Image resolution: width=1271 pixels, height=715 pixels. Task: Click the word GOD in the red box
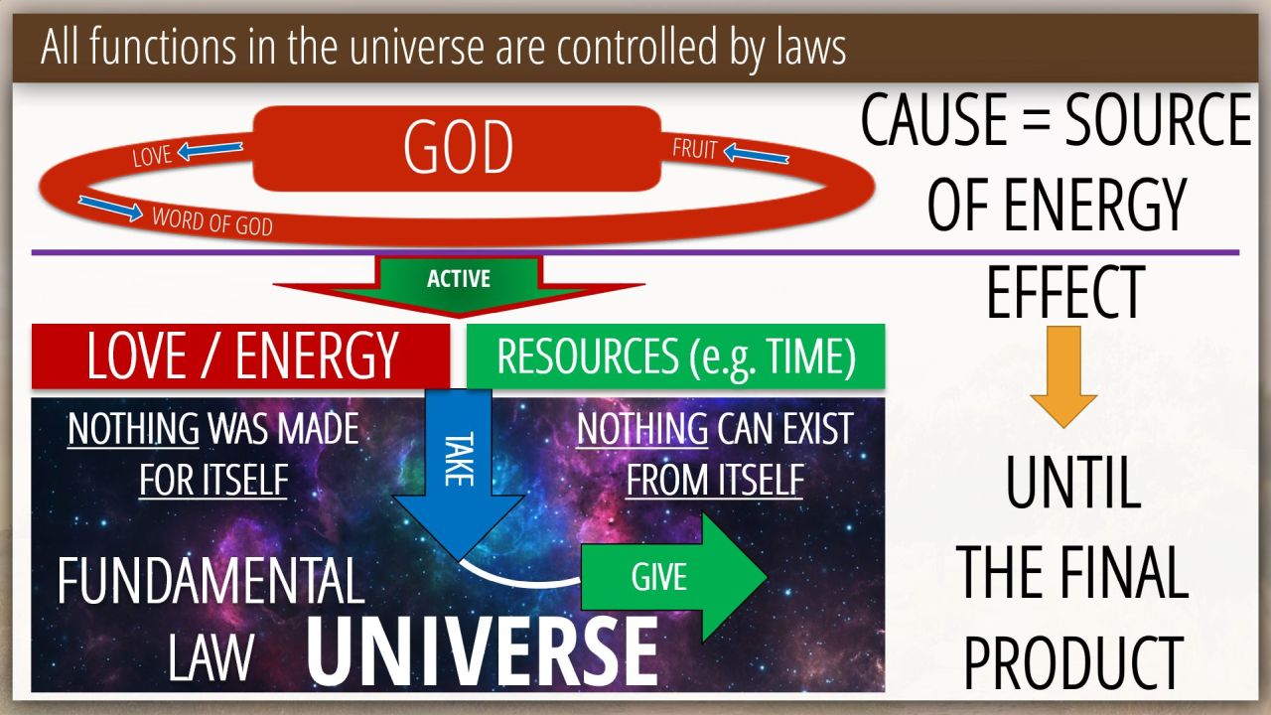coord(458,147)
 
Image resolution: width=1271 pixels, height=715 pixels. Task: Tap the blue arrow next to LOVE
coord(210,150)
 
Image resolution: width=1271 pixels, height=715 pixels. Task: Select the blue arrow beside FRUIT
coord(757,153)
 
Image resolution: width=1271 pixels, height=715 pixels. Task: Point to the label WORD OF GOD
coord(212,221)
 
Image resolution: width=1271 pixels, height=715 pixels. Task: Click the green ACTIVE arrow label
coord(459,279)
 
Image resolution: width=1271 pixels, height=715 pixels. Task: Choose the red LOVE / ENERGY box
coord(241,357)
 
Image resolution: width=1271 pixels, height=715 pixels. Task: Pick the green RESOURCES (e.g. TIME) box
coord(676,357)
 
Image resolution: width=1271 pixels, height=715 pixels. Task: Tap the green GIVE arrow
coord(674,577)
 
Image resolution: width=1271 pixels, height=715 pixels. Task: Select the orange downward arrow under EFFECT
coord(1063,376)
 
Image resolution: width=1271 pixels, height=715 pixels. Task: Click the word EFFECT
coord(1065,293)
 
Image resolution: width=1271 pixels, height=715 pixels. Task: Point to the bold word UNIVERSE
coord(483,651)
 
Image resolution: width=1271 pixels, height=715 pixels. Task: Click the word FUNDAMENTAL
coord(211,581)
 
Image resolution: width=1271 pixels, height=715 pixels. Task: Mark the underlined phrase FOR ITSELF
coord(213,480)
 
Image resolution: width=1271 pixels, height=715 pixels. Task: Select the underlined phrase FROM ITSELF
coord(714,480)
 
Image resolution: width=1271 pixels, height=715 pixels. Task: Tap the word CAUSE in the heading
coord(934,120)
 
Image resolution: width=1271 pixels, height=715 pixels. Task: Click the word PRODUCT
coord(1073,661)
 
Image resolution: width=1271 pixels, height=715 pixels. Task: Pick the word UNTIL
coord(1073,483)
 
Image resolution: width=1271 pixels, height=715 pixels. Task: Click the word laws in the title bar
coord(811,48)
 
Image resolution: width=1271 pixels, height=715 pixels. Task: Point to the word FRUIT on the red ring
coord(695,149)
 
